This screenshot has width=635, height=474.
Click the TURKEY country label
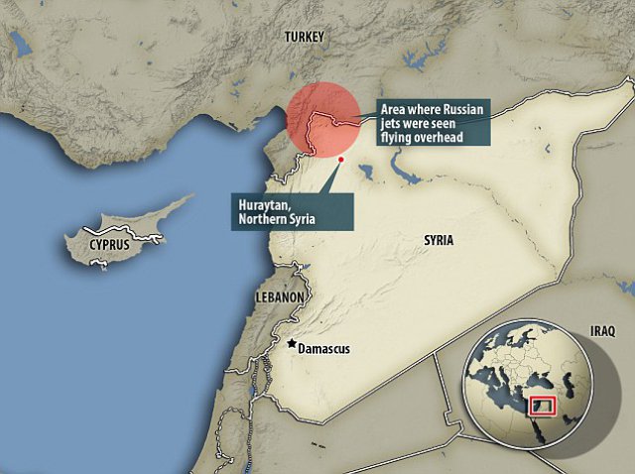[x=304, y=37]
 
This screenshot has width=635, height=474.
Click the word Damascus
[x=324, y=348]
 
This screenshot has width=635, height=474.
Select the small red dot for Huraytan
[x=340, y=159]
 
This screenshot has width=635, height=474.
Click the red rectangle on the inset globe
[x=542, y=404]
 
